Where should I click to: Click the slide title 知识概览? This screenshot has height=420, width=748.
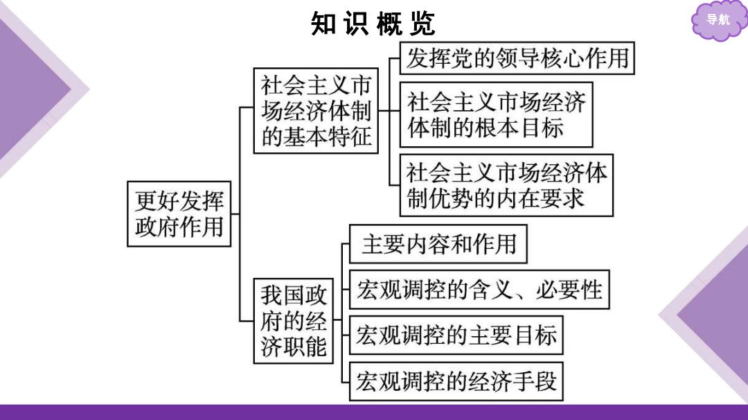coord(373,24)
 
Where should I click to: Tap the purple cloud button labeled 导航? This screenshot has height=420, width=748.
coord(718,20)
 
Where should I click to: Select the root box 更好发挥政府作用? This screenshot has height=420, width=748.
coord(179,214)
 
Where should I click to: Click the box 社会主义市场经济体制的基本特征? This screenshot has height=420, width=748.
coord(316,111)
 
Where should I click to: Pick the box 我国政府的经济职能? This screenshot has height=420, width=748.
coord(294,321)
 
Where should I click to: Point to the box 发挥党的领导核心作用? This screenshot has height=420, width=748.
coord(517,58)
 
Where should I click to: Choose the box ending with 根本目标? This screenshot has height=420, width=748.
coord(496,114)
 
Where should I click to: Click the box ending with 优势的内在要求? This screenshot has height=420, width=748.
coord(506,185)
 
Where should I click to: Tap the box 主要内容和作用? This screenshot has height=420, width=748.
coord(438,244)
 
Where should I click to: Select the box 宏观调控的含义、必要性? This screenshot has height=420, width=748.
coord(479,290)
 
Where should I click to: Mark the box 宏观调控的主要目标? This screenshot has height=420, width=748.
coord(456,335)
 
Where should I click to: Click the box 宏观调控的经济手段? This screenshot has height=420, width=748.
coord(456,381)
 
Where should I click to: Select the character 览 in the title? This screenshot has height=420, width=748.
coord(422,24)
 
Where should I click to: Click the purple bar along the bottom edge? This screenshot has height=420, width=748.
coord(374,412)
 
